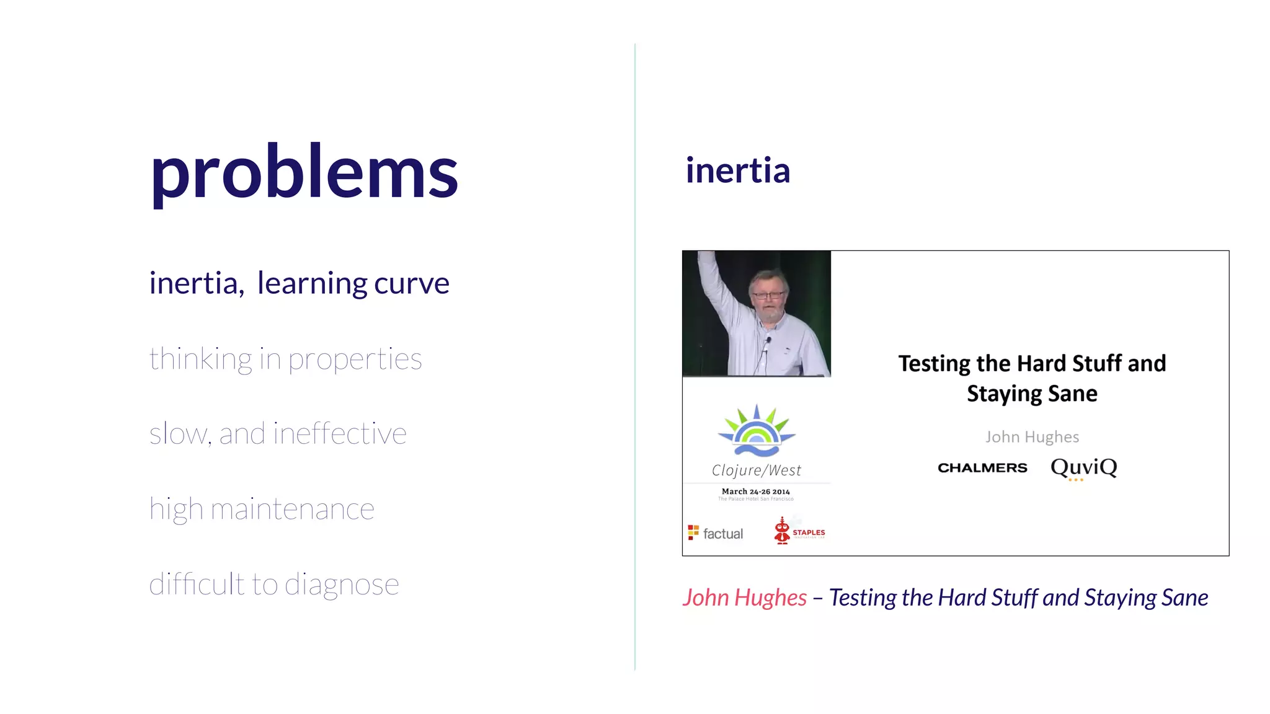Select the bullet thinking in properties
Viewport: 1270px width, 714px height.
click(285, 359)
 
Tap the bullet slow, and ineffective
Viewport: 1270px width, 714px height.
click(278, 434)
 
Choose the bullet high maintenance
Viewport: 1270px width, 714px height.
click(262, 509)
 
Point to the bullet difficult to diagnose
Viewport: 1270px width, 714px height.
click(274, 584)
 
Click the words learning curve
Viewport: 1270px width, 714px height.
click(353, 284)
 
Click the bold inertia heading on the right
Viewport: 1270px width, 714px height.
click(737, 170)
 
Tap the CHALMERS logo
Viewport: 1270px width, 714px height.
click(982, 468)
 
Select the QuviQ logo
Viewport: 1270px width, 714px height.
click(1083, 467)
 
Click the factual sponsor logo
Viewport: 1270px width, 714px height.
click(716, 533)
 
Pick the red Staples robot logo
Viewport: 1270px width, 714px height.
click(783, 531)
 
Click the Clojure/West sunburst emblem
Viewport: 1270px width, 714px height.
click(757, 431)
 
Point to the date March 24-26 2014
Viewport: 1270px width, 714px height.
click(755, 491)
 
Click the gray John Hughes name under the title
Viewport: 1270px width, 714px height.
click(1032, 437)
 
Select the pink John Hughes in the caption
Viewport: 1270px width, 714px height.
click(744, 597)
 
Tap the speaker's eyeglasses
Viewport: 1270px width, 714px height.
click(768, 295)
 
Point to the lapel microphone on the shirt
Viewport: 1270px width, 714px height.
click(768, 340)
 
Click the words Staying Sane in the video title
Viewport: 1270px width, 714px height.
click(1032, 394)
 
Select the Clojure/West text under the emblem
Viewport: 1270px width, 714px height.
click(756, 470)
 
